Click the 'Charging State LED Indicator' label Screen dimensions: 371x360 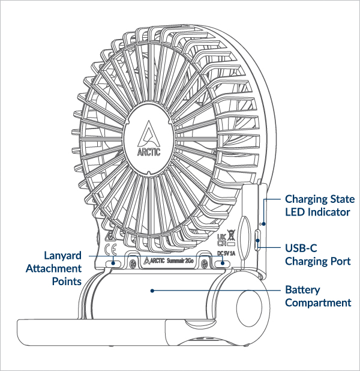coord(319,205)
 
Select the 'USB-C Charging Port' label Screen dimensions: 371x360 coord(317,255)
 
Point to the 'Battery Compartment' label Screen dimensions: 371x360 coord(318,296)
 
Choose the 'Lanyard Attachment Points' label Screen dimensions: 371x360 coord(53,268)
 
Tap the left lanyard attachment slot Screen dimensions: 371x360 coord(112,263)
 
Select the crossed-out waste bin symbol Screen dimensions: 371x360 coord(230,236)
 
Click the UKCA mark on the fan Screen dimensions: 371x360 coord(220,238)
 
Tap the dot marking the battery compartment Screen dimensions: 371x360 coord(154,290)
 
